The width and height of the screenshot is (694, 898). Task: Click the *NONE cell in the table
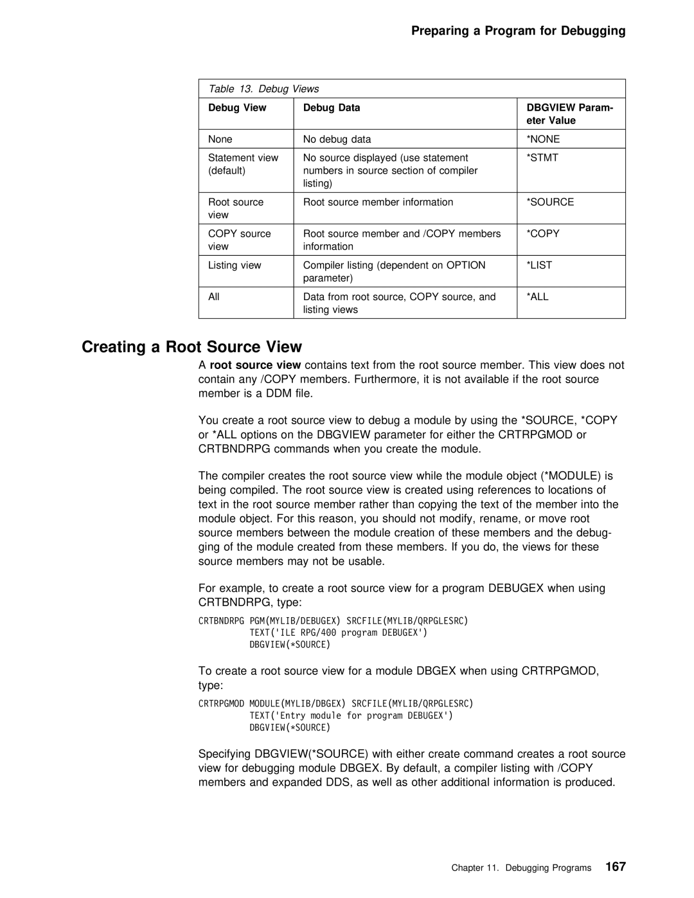[544, 139]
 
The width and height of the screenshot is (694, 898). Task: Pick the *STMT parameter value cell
[543, 157]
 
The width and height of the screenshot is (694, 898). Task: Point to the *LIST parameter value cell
[540, 265]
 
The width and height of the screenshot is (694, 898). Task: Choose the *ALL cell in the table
[538, 296]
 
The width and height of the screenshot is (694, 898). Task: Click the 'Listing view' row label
[235, 265]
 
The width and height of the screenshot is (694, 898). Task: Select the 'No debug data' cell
[337, 139]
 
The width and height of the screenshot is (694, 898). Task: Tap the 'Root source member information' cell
[378, 202]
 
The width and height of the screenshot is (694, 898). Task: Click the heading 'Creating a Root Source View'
[191, 347]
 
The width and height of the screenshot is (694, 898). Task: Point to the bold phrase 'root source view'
[255, 365]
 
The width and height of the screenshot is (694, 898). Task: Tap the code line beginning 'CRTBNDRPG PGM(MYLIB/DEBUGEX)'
[333, 621]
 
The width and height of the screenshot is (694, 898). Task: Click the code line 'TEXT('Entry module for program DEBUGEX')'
[351, 715]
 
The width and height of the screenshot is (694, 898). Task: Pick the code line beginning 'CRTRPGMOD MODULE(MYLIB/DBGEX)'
[335, 703]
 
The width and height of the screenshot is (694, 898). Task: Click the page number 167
[614, 867]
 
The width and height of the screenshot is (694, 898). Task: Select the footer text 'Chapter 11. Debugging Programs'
[520, 868]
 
